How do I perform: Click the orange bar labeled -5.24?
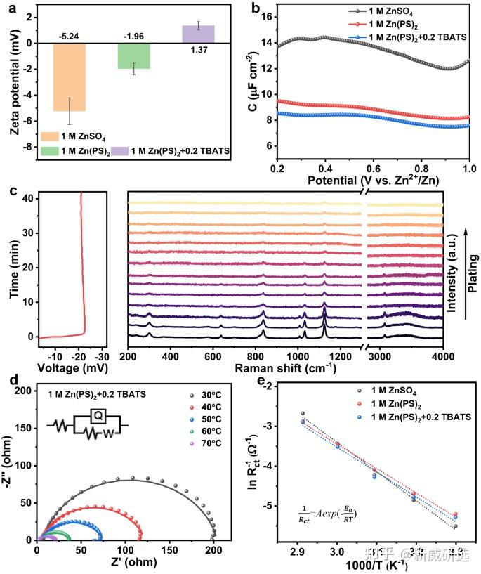click(68, 77)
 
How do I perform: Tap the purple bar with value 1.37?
click(198, 34)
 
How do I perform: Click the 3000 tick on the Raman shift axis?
click(381, 357)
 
